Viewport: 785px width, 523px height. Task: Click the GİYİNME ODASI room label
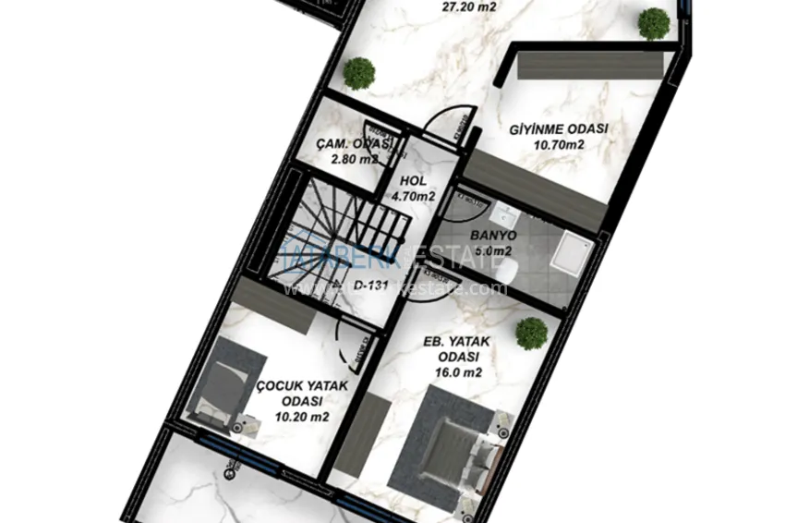(x=559, y=129)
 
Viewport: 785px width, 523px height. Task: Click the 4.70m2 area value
(x=413, y=196)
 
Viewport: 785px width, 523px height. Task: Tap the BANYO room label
(x=491, y=235)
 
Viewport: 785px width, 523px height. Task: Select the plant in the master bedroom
(x=531, y=334)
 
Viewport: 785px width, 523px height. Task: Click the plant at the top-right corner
(x=654, y=23)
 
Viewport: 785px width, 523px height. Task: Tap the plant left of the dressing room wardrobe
(x=357, y=73)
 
